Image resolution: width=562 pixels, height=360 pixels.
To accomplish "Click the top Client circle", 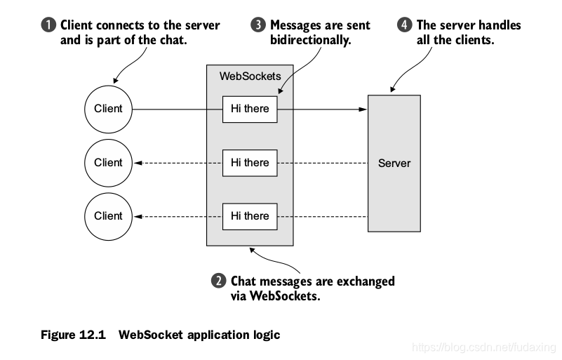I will pyautogui.click(x=108, y=109).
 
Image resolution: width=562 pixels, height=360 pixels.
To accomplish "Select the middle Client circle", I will pyautogui.click(x=108, y=163).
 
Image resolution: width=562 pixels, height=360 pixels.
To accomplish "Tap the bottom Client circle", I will pyautogui.click(x=108, y=216).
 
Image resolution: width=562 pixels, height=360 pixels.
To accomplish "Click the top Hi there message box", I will pyautogui.click(x=250, y=109).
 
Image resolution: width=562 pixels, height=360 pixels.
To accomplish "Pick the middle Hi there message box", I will pyautogui.click(x=250, y=163).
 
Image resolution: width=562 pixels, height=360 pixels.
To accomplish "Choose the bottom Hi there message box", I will pyautogui.click(x=250, y=216).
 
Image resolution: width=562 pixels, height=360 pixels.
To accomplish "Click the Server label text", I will pyautogui.click(x=394, y=163).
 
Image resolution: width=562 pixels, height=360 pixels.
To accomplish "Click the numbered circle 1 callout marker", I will pyautogui.click(x=48, y=26).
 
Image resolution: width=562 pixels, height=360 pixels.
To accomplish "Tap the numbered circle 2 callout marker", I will pyautogui.click(x=219, y=281).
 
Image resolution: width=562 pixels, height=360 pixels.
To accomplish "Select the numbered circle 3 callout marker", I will pyautogui.click(x=257, y=26).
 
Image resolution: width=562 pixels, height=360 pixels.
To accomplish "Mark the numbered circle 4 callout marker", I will pyautogui.click(x=405, y=26).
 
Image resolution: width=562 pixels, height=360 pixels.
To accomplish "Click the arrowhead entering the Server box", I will pyautogui.click(x=363, y=109).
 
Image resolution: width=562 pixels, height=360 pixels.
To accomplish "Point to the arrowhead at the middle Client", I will pyautogui.click(x=139, y=163).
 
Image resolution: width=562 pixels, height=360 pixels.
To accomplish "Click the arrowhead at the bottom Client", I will pyautogui.click(x=139, y=216).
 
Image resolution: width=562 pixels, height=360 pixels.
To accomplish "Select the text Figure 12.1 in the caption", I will pyautogui.click(x=72, y=335).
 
